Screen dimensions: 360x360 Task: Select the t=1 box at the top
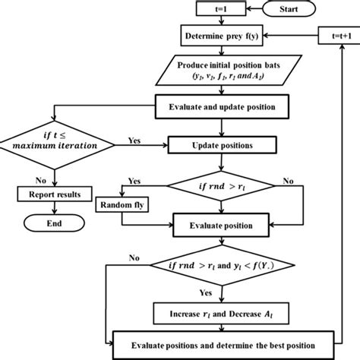[218, 10]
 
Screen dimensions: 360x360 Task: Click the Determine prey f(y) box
[220, 36]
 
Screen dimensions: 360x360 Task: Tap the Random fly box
[122, 205]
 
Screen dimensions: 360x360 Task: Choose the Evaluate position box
[220, 226]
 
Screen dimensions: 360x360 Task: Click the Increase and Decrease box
[220, 312]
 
